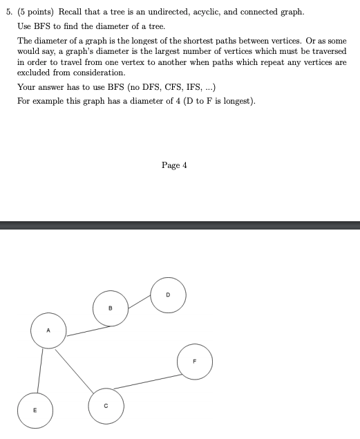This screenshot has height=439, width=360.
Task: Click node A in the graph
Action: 48,330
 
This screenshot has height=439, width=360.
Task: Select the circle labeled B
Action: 111,308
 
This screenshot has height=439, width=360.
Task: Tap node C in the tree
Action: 106,406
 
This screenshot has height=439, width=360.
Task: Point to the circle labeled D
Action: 168,294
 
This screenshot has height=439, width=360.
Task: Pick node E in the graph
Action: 34,410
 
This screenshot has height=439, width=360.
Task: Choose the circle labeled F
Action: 194,361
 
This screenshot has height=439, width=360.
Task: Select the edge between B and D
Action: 140,301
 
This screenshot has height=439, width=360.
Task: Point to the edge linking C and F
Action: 147,382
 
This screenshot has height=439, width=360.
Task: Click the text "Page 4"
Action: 174,165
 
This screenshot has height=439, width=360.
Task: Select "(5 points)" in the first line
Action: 35,12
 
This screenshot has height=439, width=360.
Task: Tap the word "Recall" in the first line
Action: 72,12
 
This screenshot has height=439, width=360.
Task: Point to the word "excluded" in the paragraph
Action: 32,73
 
